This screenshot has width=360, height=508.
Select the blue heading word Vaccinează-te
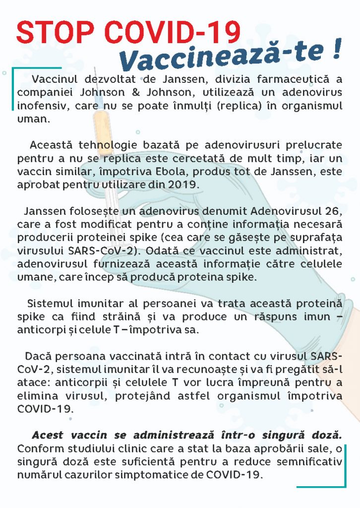[x=222, y=56]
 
